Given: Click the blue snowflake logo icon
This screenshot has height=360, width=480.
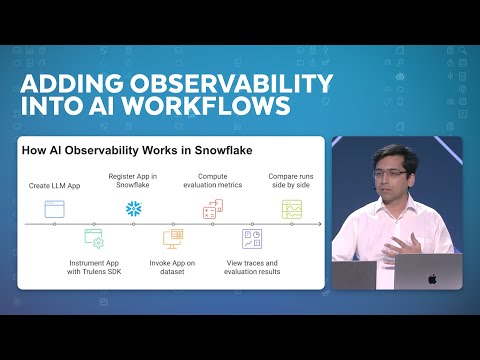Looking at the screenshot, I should (x=133, y=209).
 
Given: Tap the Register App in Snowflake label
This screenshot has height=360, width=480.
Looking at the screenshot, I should (x=133, y=181).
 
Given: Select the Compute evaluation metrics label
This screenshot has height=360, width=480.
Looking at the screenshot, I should (x=212, y=181).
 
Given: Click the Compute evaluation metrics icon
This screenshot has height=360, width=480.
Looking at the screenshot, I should (x=212, y=209).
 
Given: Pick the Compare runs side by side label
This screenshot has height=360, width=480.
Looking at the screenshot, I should (x=291, y=181).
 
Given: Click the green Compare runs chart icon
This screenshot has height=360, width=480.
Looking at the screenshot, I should (x=291, y=209).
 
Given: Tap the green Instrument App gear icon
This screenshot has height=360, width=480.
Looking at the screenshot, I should (x=93, y=239).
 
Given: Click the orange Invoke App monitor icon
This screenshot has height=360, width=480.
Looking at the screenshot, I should (x=172, y=239).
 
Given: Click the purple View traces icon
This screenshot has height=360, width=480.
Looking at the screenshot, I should (x=251, y=239).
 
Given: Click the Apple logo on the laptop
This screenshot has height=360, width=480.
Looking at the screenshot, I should (x=432, y=276).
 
